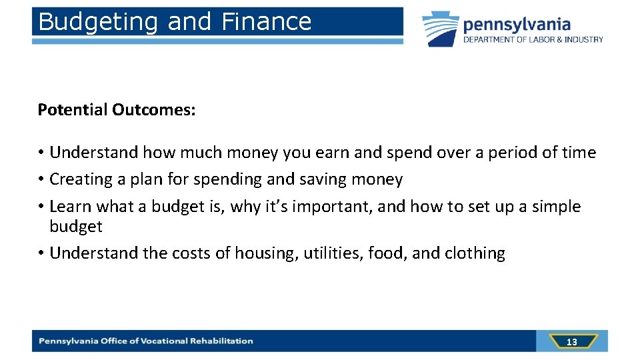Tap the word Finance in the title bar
tap(266, 21)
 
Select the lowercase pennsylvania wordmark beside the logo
tap(517, 25)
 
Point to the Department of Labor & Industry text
tap(533, 40)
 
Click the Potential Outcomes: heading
tap(117, 109)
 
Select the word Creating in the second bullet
tap(81, 179)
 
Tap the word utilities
tap(333, 253)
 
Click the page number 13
tap(571, 342)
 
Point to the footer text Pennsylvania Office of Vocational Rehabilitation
tap(146, 341)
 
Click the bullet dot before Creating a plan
tap(41, 180)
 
